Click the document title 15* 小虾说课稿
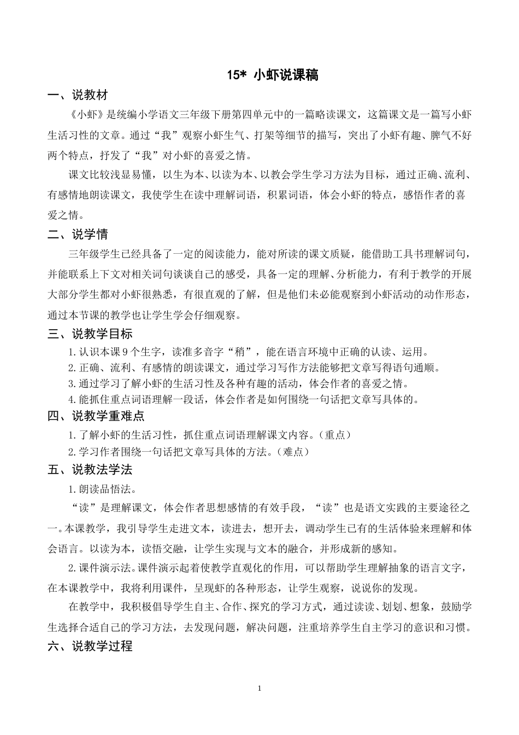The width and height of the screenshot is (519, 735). tap(273, 75)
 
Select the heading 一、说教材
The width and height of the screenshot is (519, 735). tap(78, 96)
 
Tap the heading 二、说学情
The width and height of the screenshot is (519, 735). tap(78, 235)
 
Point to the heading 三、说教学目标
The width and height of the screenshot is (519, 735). tap(90, 334)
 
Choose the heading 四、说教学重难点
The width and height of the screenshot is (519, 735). tap(96, 416)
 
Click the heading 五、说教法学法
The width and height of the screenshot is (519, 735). tap(90, 470)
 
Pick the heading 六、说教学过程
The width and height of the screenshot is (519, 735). tap(90, 646)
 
